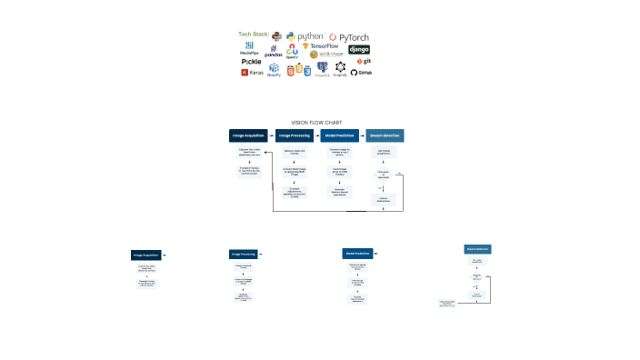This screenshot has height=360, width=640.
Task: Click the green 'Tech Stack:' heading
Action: [x=254, y=35]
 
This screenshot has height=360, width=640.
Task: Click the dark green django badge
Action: [x=359, y=49]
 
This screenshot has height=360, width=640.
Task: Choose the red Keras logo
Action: [x=252, y=72]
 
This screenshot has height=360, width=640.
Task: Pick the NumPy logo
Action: [x=274, y=69]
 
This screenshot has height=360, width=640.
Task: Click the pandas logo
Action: [x=274, y=51]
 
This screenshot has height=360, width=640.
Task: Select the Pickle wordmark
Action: [x=251, y=62]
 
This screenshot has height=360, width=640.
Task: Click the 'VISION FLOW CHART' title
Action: [x=316, y=122]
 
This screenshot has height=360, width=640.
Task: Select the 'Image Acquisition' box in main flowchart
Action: [x=248, y=135]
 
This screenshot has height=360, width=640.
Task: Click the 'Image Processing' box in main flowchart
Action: [x=294, y=135]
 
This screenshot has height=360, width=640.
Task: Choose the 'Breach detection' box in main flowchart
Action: [x=384, y=135]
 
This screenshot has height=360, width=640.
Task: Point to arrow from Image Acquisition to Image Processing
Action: [x=271, y=135]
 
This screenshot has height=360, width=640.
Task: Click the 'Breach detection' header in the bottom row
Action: [x=477, y=248]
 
